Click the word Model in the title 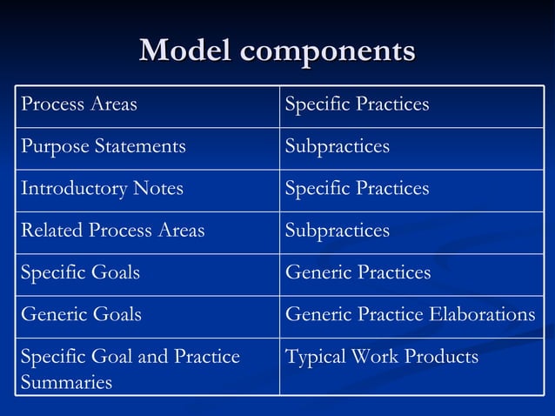point(185,51)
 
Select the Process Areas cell point(79,104)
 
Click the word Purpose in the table point(53,146)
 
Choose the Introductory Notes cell point(102,189)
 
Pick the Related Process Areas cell point(112,231)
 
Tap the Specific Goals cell point(80,272)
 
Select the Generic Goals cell point(80,314)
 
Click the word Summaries point(66,382)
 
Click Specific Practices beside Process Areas point(357,104)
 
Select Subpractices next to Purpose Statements point(337,146)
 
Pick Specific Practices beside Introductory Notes point(357,189)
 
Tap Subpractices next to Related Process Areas point(337,231)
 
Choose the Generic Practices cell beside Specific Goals point(358,272)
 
